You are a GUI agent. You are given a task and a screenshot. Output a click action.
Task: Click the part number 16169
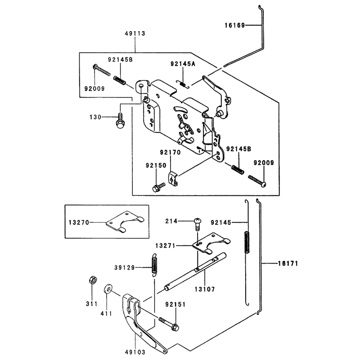(234, 25)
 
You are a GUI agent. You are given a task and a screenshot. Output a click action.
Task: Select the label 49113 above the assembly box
(135, 33)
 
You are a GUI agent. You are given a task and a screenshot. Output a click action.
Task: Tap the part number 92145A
(183, 64)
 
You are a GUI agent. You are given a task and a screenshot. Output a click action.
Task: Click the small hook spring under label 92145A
(183, 84)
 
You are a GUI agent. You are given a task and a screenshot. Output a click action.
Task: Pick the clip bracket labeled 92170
(173, 179)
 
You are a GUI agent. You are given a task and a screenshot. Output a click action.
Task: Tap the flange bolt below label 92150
(158, 187)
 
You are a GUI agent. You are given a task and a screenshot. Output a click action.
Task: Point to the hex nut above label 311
(93, 279)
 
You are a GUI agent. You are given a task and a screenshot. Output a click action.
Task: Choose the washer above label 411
(108, 289)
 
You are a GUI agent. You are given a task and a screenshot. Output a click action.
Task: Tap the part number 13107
(205, 289)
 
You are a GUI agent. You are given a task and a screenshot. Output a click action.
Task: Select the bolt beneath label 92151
(169, 324)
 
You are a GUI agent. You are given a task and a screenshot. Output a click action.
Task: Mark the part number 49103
(135, 352)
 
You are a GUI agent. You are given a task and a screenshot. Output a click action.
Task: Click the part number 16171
(288, 263)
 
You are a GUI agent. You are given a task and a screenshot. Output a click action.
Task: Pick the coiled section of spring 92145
(247, 242)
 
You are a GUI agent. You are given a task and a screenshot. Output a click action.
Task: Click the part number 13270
(79, 222)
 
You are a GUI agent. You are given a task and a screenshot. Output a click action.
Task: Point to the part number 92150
(156, 165)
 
